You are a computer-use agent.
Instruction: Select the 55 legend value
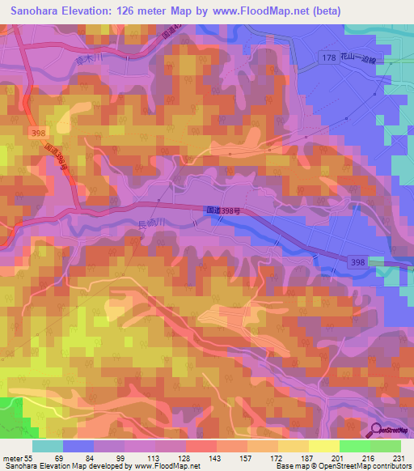(x=29, y=457)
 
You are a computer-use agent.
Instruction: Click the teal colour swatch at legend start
(x=48, y=446)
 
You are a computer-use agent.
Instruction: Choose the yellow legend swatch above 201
(x=323, y=446)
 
